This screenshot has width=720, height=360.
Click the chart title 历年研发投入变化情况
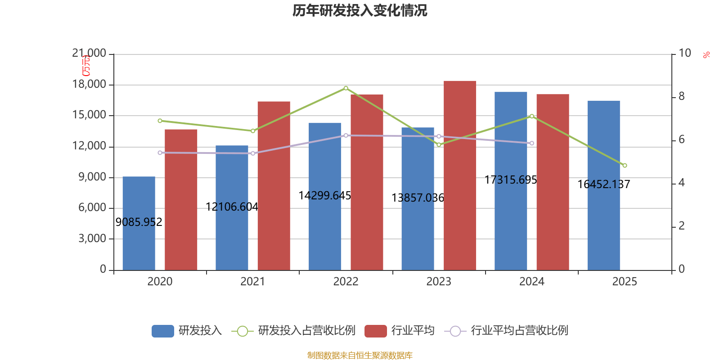[x=360, y=10]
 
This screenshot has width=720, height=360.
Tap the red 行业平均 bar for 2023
[x=459, y=175]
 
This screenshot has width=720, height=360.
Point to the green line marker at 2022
[x=346, y=88]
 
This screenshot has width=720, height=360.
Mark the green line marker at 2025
[x=625, y=166]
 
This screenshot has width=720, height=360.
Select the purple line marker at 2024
[x=531, y=143]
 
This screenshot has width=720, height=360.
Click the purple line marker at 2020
[x=160, y=153]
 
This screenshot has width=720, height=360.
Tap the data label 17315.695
[x=511, y=180]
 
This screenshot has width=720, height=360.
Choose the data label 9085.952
[x=139, y=222]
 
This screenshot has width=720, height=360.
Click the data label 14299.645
[x=324, y=196]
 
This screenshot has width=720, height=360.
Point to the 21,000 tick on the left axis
[x=89, y=54]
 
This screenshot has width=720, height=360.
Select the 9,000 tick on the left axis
[x=92, y=177]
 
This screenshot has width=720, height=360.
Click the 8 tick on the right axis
[x=682, y=96]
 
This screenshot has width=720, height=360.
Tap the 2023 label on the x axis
[x=438, y=282]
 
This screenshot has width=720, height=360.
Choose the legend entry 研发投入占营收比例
[x=306, y=331]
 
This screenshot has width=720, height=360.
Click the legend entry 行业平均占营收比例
[x=519, y=331]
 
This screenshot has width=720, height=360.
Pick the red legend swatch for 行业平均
[x=376, y=331]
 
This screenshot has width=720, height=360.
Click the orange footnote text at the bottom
[x=360, y=355]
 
